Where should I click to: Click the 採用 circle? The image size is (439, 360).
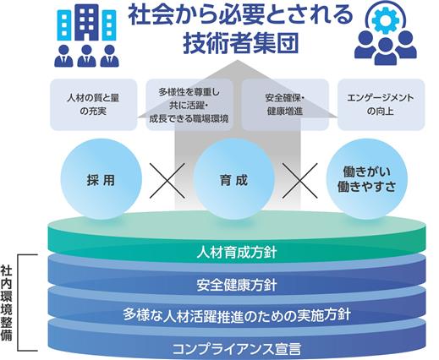point(101,179)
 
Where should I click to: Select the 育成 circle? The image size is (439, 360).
point(233,179)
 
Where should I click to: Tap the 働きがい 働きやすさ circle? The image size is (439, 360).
point(367,179)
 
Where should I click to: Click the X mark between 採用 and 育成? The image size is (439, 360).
point(167,181)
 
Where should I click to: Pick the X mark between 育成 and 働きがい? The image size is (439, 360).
point(300,181)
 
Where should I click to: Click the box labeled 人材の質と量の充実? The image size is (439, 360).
point(93,105)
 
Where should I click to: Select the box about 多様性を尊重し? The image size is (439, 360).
point(189,105)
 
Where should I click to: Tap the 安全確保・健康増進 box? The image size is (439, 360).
point(285,105)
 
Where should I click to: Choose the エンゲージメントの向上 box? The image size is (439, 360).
point(381,105)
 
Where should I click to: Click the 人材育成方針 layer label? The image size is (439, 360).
point(237,253)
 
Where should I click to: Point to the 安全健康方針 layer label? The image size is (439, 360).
point(237,285)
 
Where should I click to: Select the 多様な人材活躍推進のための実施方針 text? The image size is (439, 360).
point(237,314)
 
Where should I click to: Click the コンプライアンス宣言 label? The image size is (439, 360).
point(237,349)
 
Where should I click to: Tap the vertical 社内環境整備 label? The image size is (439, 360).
point(6,303)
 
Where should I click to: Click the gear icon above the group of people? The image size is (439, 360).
point(386,20)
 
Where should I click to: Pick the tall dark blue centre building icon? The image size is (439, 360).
point(86,23)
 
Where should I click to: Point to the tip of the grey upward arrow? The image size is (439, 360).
point(237,60)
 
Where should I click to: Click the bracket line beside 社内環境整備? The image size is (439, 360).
point(19,303)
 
